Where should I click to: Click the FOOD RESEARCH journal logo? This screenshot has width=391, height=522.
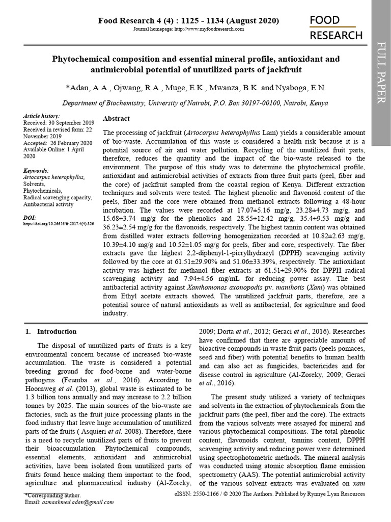[336, 28]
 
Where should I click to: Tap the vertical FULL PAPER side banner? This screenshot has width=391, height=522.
[380, 73]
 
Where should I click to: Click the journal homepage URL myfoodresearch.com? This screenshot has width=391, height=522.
[209, 29]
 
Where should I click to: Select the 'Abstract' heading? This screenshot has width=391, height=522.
[116, 118]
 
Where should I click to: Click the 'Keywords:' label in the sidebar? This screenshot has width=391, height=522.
[36, 170]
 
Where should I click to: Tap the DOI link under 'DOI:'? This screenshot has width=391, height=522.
[59, 224]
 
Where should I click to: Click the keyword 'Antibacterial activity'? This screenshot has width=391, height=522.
[48, 204]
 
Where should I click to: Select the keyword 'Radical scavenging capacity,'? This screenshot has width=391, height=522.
[58, 197]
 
